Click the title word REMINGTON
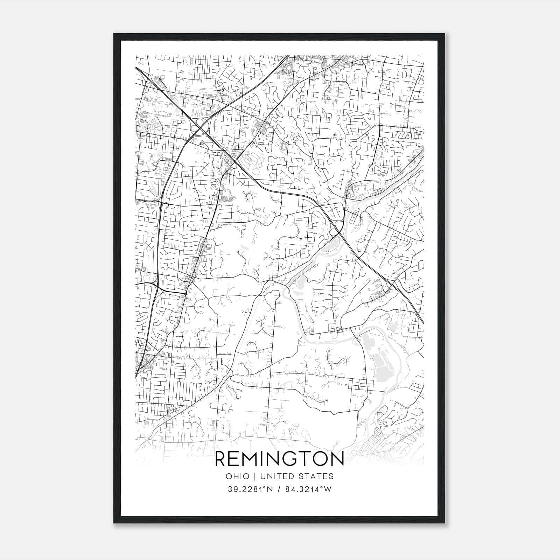click(x=279, y=459)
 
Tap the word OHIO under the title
click(x=238, y=476)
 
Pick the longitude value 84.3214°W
click(x=308, y=490)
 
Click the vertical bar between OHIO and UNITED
click(x=255, y=476)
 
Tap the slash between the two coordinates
click(x=278, y=490)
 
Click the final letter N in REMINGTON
click(x=337, y=459)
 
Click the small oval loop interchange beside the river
click(x=335, y=232)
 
